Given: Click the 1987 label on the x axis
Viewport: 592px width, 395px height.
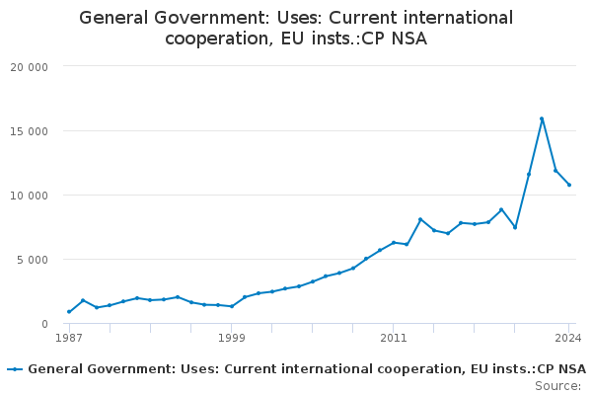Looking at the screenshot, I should pos(68,338).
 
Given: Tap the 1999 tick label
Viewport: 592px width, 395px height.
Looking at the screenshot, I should pos(231,338).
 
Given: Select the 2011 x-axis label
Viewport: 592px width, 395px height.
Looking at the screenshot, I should pos(393,338).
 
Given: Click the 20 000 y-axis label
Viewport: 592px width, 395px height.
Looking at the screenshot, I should pos(30,66).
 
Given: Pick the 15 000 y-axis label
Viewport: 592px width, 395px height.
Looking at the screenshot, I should pos(30,130).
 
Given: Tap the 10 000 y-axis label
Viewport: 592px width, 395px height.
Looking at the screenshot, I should pos(30,195).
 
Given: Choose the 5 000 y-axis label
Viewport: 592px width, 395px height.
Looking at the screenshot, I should pos(33,259).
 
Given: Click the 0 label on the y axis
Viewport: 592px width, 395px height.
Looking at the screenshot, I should pos(45,324).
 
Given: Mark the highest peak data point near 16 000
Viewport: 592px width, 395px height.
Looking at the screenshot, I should pos(542,118).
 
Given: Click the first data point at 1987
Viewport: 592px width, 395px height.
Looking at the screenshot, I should pos(69,312).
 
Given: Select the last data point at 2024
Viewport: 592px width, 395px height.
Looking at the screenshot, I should pos(569,185).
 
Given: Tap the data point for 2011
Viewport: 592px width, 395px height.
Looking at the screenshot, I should pos(394,242).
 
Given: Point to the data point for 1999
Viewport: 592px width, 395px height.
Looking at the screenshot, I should pos(232,306).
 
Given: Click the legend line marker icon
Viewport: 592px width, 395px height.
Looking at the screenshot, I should pos(15,369).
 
